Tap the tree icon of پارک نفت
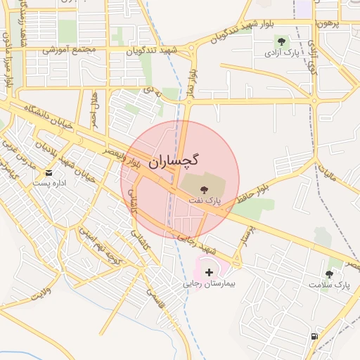click(x=204, y=190)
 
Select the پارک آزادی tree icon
click(x=282, y=41)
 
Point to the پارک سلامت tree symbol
click(x=329, y=274)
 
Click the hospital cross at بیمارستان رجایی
click(x=209, y=272)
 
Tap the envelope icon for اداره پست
click(x=49, y=172)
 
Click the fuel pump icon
click(x=313, y=336)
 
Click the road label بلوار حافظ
click(x=252, y=185)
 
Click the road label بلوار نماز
click(x=191, y=83)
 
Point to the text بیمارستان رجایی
click(x=209, y=285)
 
